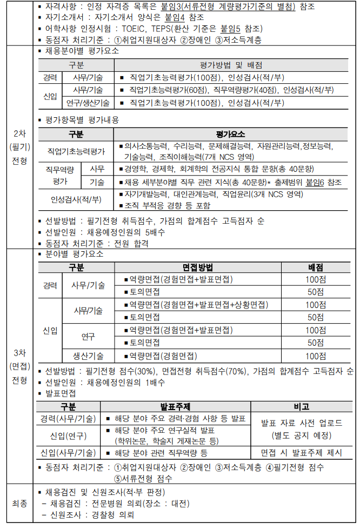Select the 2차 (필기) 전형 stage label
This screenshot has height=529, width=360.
19,147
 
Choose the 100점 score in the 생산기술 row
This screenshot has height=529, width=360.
315,356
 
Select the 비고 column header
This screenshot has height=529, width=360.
301,406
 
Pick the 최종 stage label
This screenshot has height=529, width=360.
19,503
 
